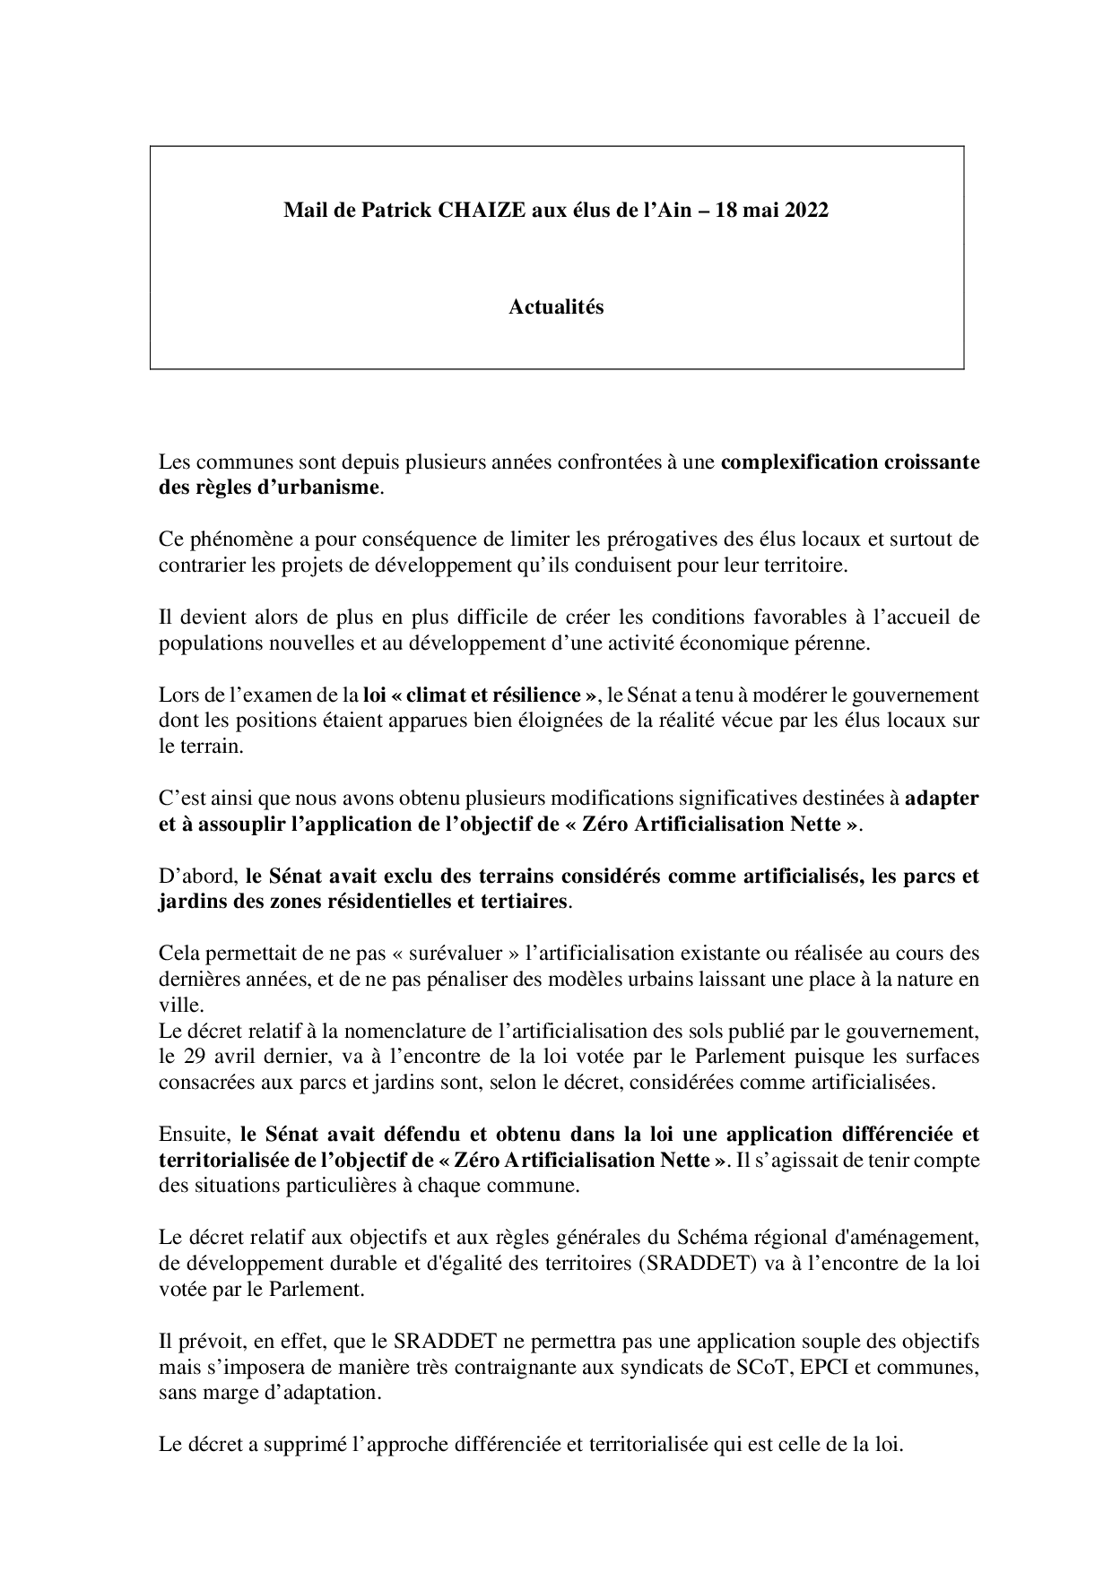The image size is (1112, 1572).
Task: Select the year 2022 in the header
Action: pyautogui.click(x=804, y=211)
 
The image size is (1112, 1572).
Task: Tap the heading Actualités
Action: pyautogui.click(x=556, y=307)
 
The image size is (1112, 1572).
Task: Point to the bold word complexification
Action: pyautogui.click(x=789, y=462)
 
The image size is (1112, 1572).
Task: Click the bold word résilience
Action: pyautogui.click(x=530, y=695)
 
